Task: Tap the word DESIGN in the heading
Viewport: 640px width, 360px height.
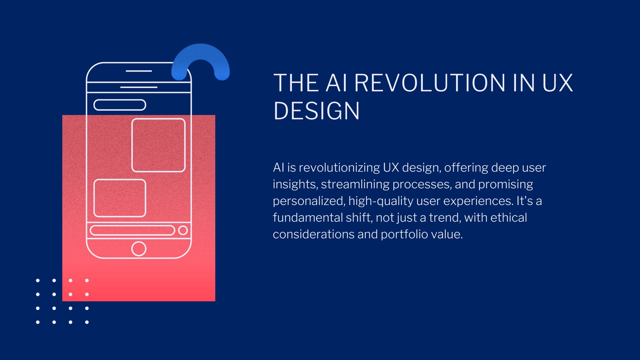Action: [316, 111]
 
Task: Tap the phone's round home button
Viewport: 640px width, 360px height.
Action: [139, 249]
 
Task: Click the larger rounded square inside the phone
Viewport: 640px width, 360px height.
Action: [158, 145]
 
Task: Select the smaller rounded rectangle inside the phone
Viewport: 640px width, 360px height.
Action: [120, 198]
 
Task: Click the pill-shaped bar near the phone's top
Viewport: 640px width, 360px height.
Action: [120, 105]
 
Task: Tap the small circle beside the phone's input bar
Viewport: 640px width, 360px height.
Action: [183, 230]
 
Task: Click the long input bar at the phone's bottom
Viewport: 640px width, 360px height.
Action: [133, 230]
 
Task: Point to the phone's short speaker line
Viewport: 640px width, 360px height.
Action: [139, 71]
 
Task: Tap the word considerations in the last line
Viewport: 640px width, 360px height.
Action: [313, 234]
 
